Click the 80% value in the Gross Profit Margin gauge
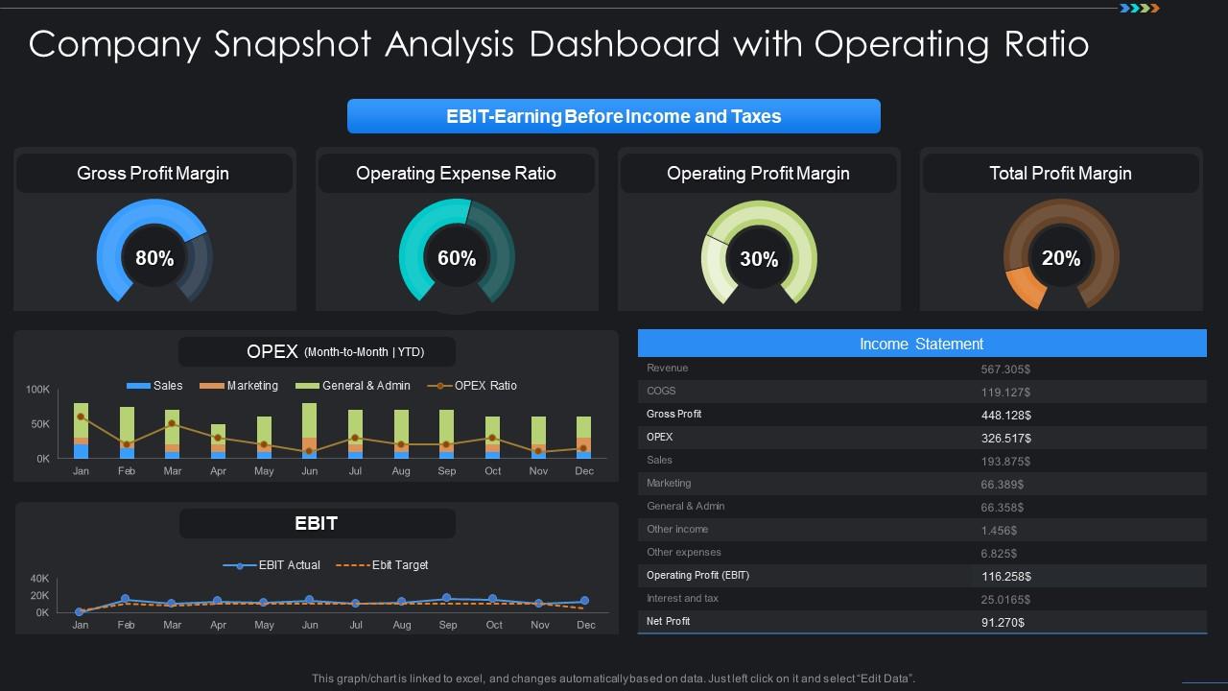pyautogui.click(x=154, y=258)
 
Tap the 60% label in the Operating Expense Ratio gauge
pyautogui.click(x=457, y=258)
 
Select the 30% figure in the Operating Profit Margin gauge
pyautogui.click(x=759, y=259)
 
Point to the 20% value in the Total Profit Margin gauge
pyautogui.click(x=1061, y=258)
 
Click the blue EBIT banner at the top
pyautogui.click(x=613, y=116)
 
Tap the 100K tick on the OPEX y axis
pyautogui.click(x=37, y=390)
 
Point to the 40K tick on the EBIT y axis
pyautogui.click(x=39, y=579)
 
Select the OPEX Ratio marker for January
pyautogui.click(x=81, y=417)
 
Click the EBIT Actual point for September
pyautogui.click(x=447, y=598)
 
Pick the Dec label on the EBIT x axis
pyautogui.click(x=585, y=625)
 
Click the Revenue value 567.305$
pyautogui.click(x=1005, y=369)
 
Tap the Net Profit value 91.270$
pyautogui.click(x=1003, y=622)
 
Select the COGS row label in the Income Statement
pyautogui.click(x=661, y=391)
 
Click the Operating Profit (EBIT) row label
pyautogui.click(x=697, y=575)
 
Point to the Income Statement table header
pyautogui.click(x=921, y=344)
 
